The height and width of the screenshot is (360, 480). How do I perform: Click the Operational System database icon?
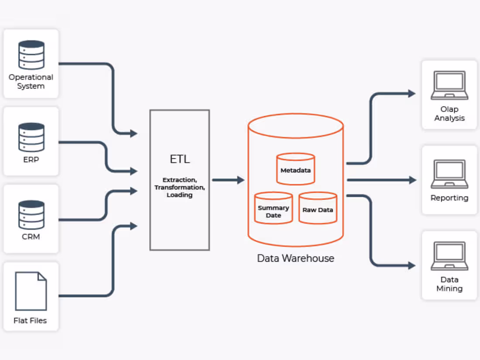point(31,55)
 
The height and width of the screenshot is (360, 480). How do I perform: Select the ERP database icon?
point(31,137)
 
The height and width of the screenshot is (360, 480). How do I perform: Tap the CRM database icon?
point(31,215)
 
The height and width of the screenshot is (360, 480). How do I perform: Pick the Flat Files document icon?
point(31,291)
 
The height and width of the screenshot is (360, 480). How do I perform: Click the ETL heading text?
point(180,159)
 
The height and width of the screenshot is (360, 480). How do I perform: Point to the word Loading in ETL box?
point(179,195)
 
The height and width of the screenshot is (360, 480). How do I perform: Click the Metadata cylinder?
point(295,169)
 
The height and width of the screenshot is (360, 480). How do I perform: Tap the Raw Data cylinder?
point(318,208)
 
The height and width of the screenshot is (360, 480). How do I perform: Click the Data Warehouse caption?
point(295,258)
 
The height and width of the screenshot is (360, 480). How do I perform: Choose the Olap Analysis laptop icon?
point(449,86)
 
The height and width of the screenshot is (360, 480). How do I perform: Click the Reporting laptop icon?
point(449,174)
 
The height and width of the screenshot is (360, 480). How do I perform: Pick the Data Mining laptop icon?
point(449,256)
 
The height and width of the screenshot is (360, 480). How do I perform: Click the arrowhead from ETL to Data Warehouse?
point(240,180)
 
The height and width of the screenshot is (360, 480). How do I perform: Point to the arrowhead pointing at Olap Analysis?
point(411,93)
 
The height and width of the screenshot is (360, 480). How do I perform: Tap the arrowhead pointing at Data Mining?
point(411,265)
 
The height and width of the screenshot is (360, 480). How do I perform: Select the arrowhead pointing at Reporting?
point(412,180)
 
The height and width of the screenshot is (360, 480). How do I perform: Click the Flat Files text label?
point(30,321)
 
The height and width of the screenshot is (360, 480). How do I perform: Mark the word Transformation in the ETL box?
point(179,187)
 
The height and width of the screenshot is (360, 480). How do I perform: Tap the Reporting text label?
point(449,198)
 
